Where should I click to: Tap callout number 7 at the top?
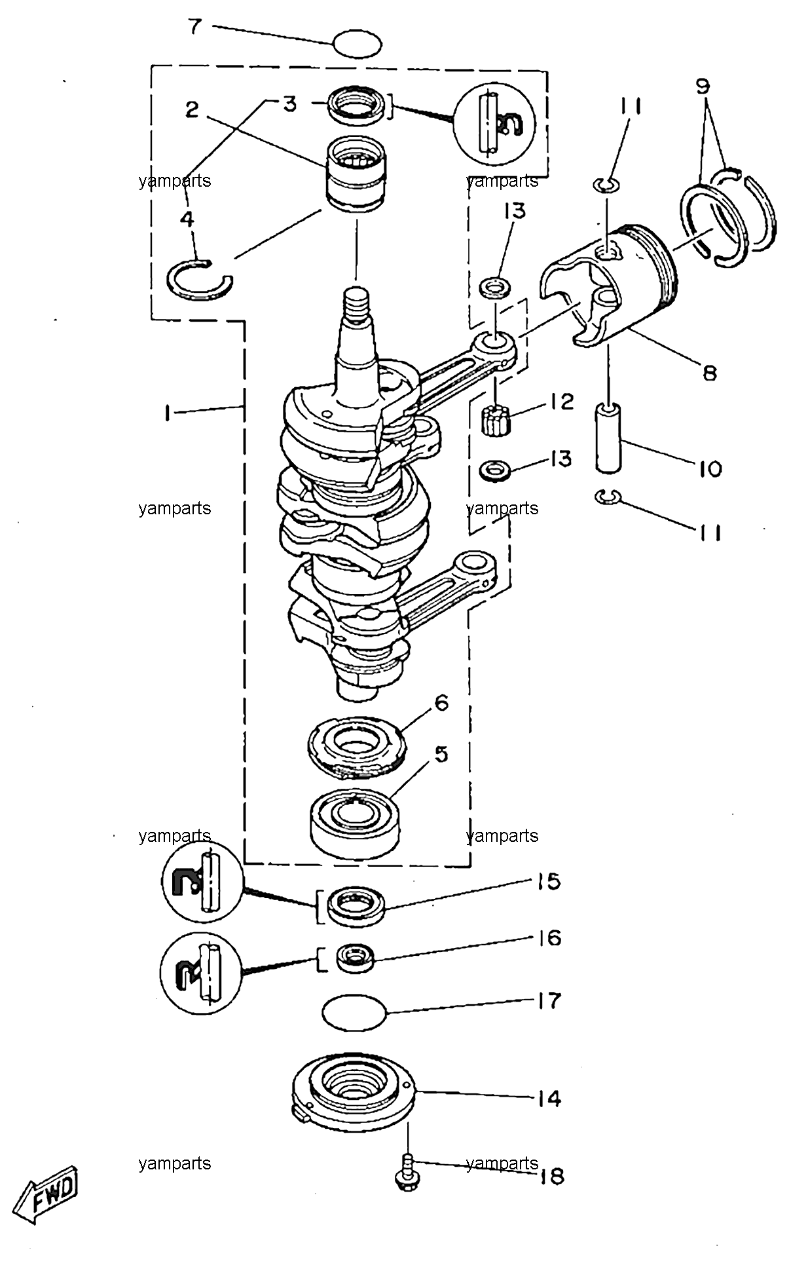[x=195, y=28]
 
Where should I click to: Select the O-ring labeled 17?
[x=356, y=1012]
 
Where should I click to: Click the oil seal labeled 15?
[x=356, y=906]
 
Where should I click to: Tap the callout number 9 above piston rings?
[x=703, y=86]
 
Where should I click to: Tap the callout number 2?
[x=191, y=109]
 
